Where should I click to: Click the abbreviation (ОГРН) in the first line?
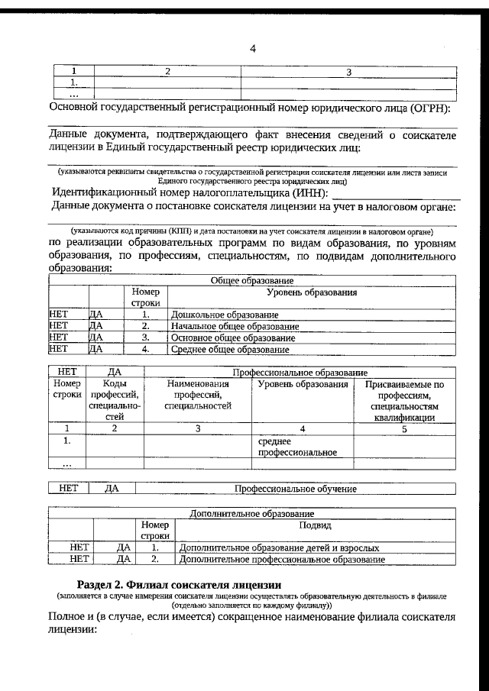(x=429, y=109)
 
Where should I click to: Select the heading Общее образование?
(x=252, y=281)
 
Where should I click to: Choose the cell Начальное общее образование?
(x=235, y=326)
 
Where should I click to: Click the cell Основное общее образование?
(x=233, y=337)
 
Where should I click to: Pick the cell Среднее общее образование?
(x=230, y=350)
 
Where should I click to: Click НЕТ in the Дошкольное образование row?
(x=59, y=315)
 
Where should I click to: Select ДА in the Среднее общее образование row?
(x=96, y=350)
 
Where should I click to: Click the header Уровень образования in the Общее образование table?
(x=312, y=292)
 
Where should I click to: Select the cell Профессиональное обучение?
(x=295, y=488)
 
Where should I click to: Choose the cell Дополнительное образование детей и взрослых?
(x=278, y=547)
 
